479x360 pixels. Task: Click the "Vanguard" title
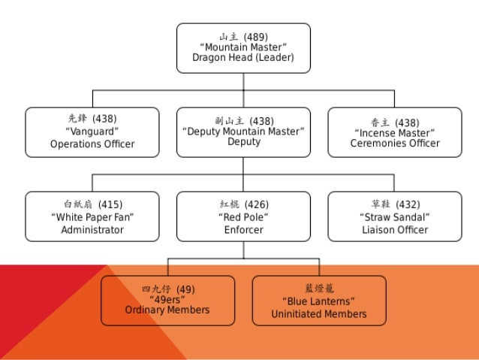point(92,132)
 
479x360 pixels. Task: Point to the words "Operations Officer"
point(92,144)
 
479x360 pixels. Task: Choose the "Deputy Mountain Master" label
point(243,132)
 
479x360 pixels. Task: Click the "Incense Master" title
point(395,132)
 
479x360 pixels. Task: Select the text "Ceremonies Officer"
point(395,144)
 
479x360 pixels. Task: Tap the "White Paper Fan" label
point(92,217)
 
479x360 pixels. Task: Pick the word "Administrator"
point(92,229)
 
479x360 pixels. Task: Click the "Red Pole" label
point(243,217)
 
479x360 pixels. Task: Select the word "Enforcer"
point(243,229)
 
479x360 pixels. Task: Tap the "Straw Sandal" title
point(395,217)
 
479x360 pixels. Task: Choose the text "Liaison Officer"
point(395,229)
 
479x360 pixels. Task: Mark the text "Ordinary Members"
point(167,310)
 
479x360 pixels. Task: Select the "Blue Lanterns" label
point(319,302)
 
